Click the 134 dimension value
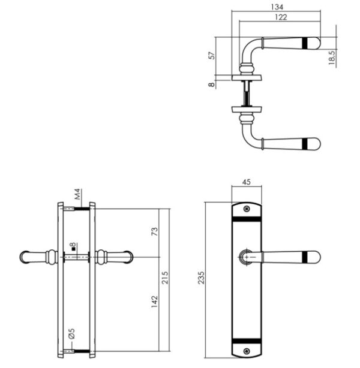[x=277, y=7]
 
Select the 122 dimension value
[x=281, y=17]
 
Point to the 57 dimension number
[x=212, y=56]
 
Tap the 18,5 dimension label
[x=332, y=58]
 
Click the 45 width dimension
[x=246, y=182]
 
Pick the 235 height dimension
[x=202, y=277]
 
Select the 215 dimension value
[x=165, y=277]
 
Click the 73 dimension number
[x=155, y=231]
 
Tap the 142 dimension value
[x=155, y=301]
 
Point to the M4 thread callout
[x=77, y=194]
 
